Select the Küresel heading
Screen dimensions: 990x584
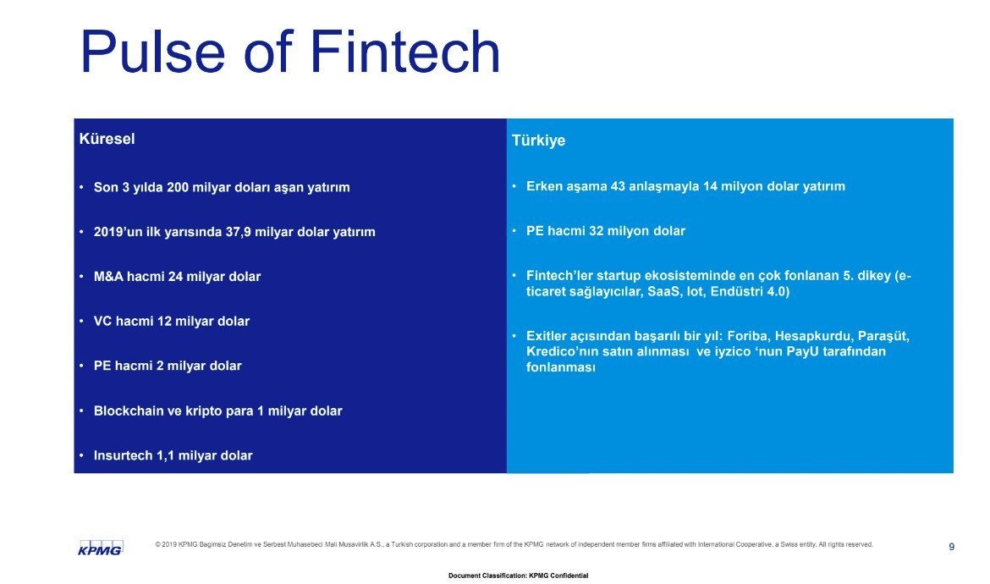click(107, 139)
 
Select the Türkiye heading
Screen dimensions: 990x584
click(538, 140)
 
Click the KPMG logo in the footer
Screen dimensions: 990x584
click(100, 548)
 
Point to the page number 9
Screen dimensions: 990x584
click(951, 547)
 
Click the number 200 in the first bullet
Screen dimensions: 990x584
click(178, 188)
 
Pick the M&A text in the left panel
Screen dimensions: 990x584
click(108, 277)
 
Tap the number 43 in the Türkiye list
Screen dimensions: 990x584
click(619, 186)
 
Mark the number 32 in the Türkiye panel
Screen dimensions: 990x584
click(597, 231)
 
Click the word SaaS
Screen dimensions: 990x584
click(663, 292)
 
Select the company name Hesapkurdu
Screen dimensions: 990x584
click(813, 336)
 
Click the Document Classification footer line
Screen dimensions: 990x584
click(519, 576)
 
